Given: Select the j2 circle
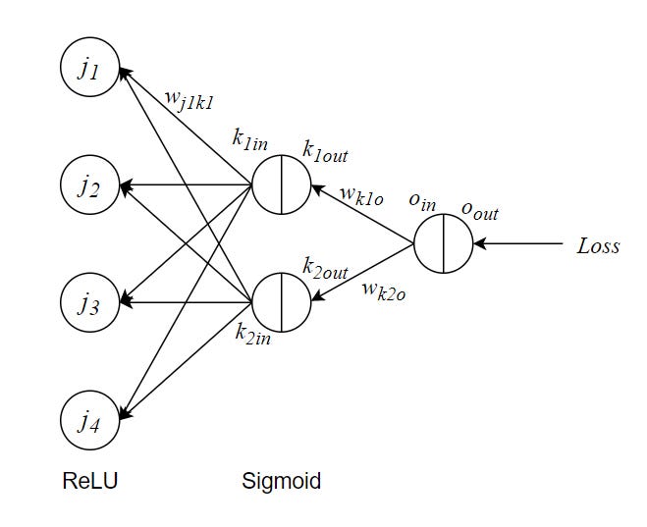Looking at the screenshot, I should point(90,184).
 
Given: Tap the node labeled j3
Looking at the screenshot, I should point(90,302).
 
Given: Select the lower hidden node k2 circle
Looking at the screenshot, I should point(282,302).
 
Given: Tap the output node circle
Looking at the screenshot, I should point(443,243).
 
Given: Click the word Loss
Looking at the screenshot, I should point(598,246).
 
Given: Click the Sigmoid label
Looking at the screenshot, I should point(281,482).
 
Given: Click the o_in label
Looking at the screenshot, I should point(422,201).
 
